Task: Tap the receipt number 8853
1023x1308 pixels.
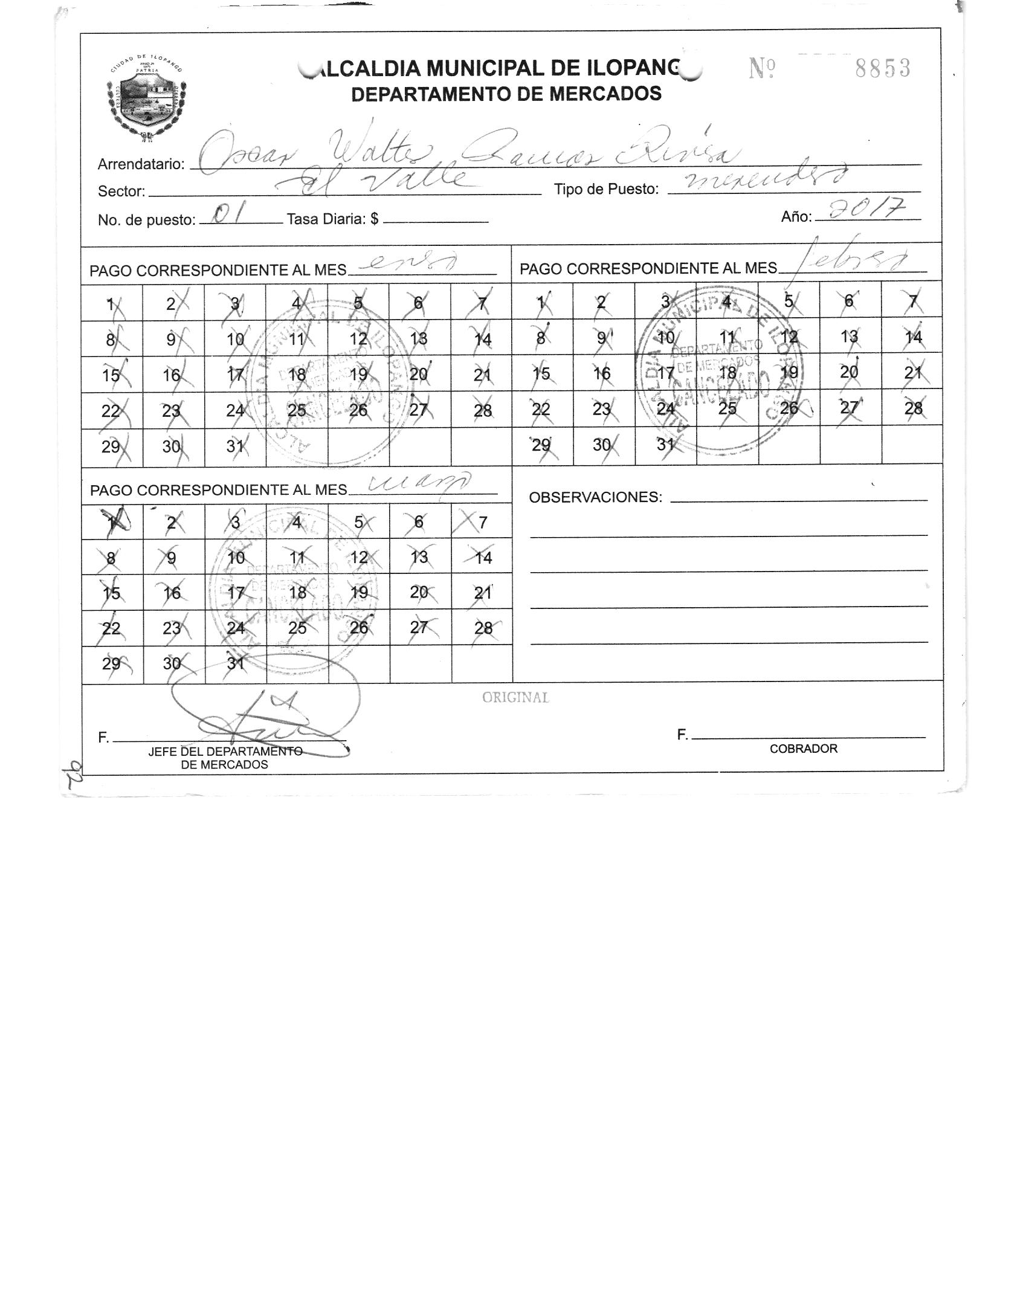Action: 882,69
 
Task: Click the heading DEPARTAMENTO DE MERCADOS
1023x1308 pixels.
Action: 506,94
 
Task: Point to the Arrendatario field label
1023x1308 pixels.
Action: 141,164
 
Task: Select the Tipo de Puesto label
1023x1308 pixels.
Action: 606,189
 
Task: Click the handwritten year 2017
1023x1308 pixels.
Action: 868,211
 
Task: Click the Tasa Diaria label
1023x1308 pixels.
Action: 333,219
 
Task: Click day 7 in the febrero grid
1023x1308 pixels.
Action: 912,301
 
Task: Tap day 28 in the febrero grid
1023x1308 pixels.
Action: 912,408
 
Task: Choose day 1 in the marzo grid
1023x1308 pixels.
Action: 112,523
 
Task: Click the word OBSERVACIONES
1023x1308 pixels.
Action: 595,497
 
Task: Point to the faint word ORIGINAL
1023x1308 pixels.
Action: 515,698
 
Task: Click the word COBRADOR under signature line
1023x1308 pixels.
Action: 803,749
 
